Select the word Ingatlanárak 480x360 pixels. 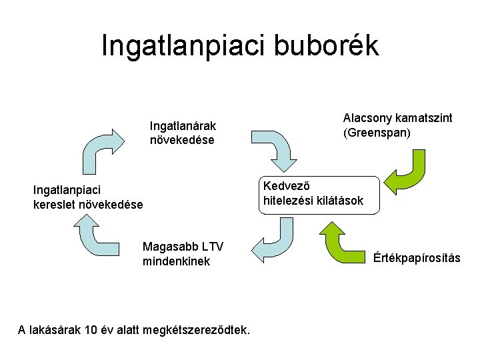183,125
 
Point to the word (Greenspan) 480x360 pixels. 377,133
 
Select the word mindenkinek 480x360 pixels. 176,261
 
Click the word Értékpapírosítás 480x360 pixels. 417,258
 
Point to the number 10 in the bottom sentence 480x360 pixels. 93,329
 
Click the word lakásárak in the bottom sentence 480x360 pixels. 54,329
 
